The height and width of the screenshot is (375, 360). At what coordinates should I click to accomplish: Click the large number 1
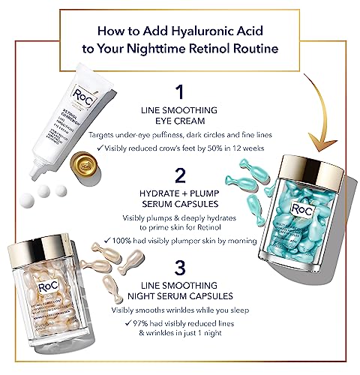[x=179, y=91]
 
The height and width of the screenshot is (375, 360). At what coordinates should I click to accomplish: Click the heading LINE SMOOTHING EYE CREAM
[x=179, y=117]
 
